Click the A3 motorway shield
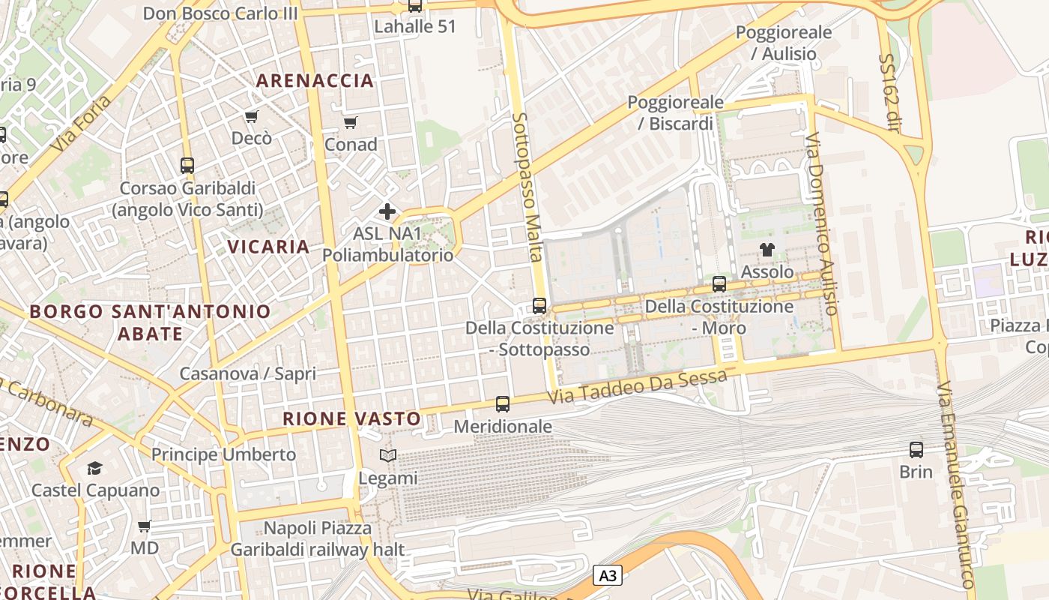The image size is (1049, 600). point(608,575)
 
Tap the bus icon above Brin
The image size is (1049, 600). point(916,450)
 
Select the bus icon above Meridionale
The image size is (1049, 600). point(502,404)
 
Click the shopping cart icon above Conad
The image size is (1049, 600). point(350,122)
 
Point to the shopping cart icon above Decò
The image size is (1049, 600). point(251,116)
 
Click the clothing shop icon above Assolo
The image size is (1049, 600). point(767,250)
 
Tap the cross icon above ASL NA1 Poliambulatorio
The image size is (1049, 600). point(387,211)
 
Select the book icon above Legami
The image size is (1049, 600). point(387,456)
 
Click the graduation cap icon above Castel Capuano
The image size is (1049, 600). point(94,469)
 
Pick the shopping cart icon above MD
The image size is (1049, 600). point(144,526)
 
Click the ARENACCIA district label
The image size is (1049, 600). point(315,80)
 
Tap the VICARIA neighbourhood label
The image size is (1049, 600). point(268,247)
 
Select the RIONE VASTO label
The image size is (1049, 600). point(351,418)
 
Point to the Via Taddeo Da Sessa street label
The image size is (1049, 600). point(637,386)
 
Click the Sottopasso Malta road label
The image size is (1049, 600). point(528,187)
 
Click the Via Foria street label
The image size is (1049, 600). point(82,124)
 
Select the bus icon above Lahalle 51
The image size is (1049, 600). point(414,7)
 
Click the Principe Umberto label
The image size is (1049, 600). point(223,454)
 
